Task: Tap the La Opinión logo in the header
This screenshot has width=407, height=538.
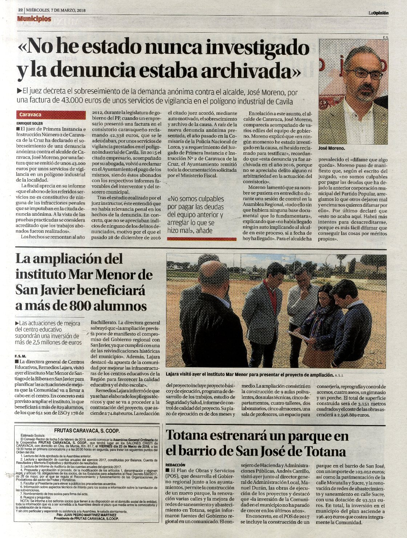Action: pos(378,13)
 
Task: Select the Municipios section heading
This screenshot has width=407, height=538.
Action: pos(34,19)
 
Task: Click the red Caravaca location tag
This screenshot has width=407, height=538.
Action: pos(51,115)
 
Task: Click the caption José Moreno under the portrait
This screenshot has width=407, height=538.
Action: pos(331,149)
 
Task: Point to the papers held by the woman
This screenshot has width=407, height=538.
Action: pos(297,334)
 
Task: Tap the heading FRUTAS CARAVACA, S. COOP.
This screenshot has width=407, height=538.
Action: pos(86,430)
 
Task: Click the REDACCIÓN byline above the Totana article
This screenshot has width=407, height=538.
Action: pos(175,465)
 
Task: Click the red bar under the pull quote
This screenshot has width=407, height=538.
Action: pos(202,239)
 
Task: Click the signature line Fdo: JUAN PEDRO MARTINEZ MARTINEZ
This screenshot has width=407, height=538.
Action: pos(86,515)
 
